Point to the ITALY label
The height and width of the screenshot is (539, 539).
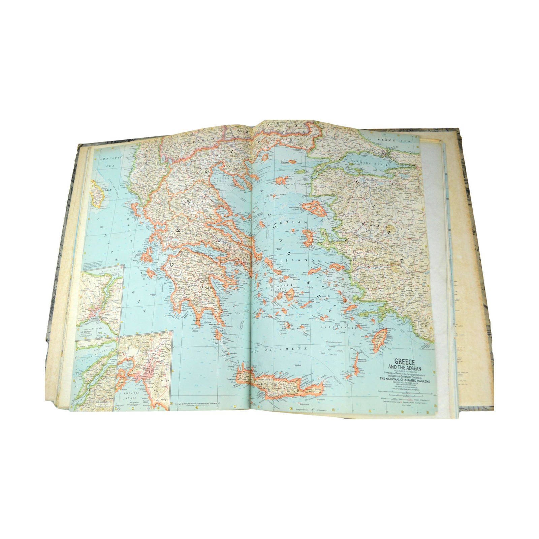[x=107, y=190]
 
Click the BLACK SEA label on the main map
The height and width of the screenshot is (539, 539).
[x=388, y=139]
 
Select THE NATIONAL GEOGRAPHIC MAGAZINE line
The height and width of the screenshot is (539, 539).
[x=406, y=379]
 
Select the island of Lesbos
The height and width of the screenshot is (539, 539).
[x=315, y=209]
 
